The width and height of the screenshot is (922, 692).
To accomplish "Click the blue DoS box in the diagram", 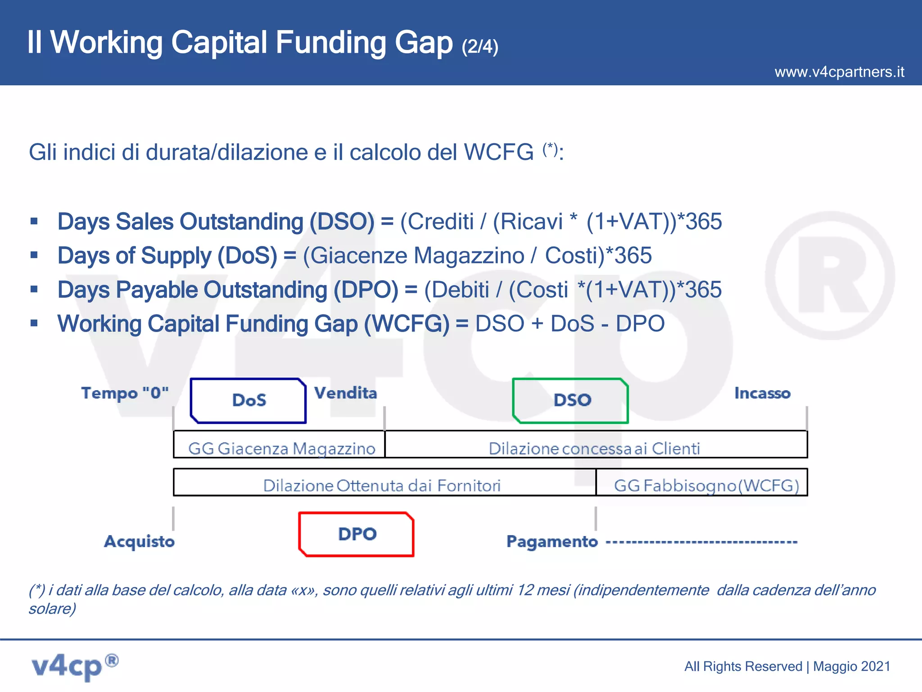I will click(x=249, y=401).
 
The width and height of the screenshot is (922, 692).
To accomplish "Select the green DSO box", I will click(x=571, y=401).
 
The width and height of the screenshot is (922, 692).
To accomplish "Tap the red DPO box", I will click(x=357, y=534).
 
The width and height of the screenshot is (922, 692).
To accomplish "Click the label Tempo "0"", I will click(x=125, y=393).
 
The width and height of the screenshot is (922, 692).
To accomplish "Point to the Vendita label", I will click(x=345, y=393).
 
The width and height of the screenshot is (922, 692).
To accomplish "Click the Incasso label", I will click(x=762, y=393).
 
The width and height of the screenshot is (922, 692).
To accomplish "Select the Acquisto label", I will click(x=139, y=541).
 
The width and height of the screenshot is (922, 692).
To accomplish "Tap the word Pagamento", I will click(x=552, y=541).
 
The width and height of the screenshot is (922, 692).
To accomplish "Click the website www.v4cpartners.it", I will click(x=839, y=72).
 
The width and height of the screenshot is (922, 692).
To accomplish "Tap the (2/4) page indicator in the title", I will click(x=480, y=47).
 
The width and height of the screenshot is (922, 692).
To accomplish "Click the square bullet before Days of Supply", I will click(x=34, y=255).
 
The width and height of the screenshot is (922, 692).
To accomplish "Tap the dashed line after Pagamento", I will click(x=701, y=542).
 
